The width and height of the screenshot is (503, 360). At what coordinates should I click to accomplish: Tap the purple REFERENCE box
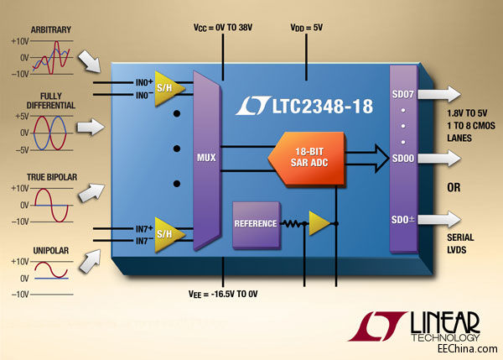coord(255,224)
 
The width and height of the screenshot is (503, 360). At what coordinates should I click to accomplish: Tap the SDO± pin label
coord(403,220)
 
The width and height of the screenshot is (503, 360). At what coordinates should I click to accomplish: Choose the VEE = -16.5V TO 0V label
coord(224,295)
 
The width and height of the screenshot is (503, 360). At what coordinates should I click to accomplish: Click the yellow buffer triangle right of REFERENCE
coord(319,222)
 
